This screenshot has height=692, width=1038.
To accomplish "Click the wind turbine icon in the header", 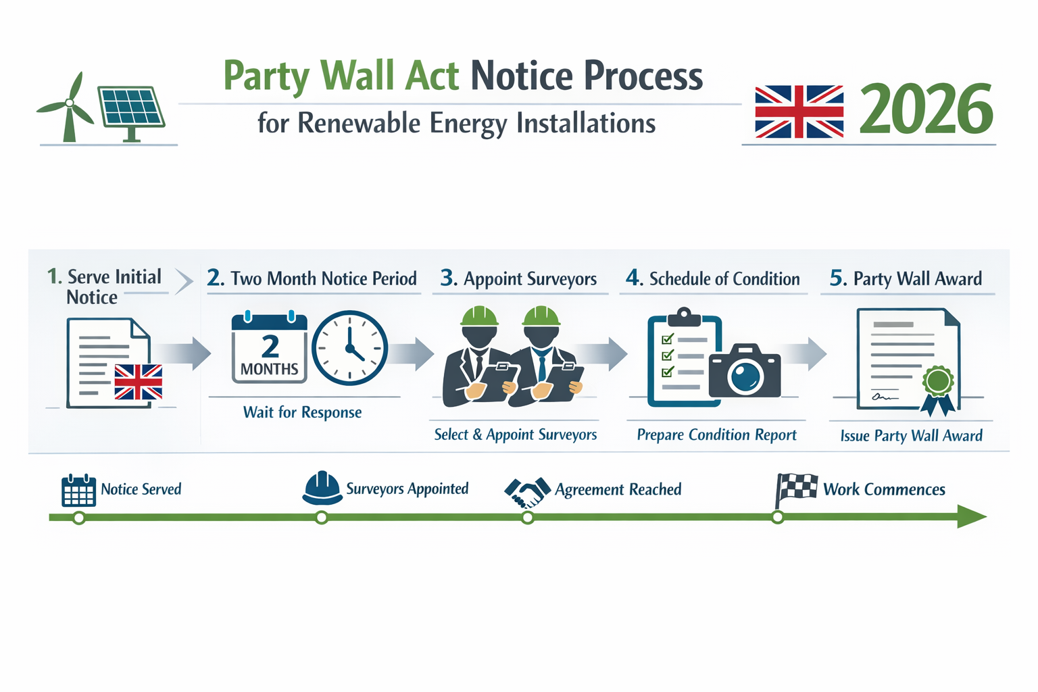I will pos(68,108).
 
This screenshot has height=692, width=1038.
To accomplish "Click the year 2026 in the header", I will pos(926,109).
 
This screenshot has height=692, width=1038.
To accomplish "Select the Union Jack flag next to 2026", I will pos(799,112).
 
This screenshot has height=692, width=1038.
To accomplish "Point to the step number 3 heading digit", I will pos(447,278).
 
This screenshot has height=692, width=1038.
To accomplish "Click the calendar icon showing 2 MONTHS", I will pos(269,349).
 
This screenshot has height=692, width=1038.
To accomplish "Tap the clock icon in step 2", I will pos(350,348).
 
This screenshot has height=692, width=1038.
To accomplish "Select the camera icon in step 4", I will pos(745,372).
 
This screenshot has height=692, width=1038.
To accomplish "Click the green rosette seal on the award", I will pos(938,382).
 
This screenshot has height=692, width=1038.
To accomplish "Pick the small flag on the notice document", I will pos(139,382).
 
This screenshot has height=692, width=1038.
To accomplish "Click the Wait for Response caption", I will pos(302,412).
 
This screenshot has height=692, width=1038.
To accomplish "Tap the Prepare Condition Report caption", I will pos(716,435).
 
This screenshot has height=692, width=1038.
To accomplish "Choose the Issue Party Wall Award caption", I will pos(911,436).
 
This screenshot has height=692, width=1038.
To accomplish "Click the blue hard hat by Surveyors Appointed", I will pos(322,488).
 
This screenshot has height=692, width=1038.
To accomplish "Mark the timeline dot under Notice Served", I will pos(79,518).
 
